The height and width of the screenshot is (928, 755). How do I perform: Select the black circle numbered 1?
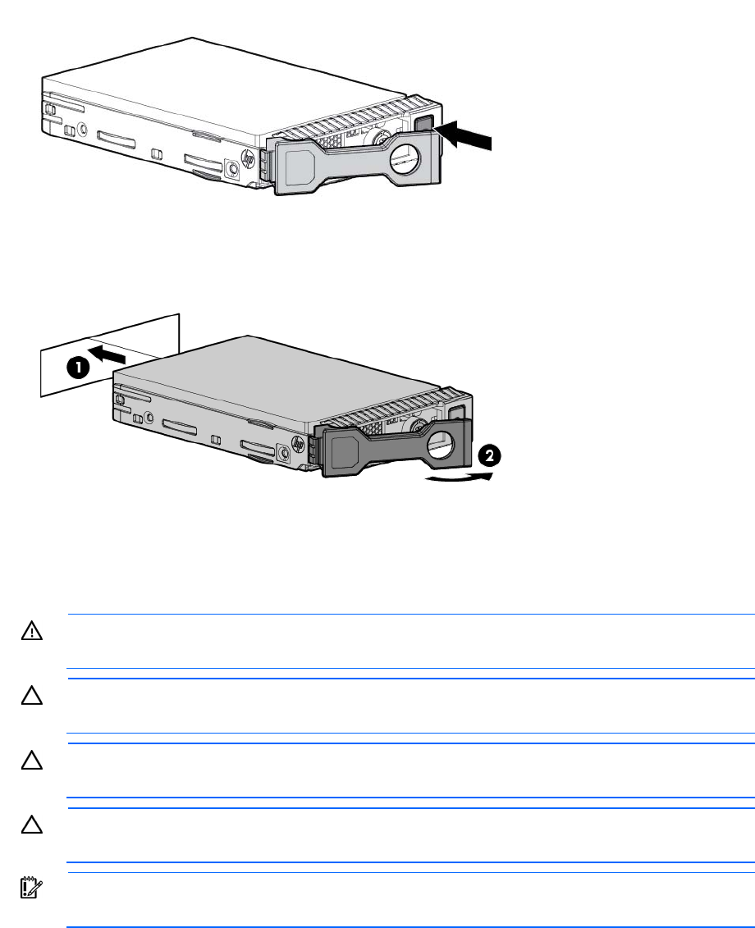tap(80, 368)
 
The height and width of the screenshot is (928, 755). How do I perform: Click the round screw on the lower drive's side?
tap(284, 450)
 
